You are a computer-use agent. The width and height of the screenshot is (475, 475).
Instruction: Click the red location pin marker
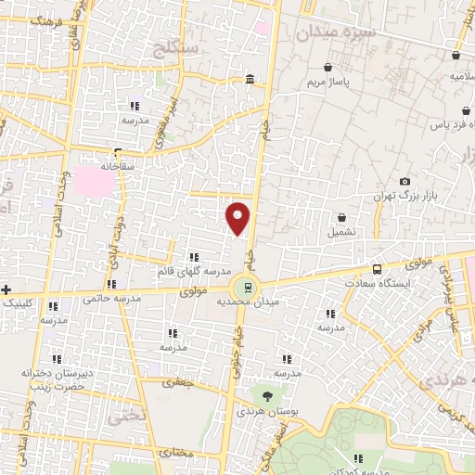[x=238, y=217]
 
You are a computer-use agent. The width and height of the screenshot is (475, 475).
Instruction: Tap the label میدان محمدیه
[x=247, y=303]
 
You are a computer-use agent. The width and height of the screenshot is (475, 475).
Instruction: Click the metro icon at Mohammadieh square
[x=247, y=287]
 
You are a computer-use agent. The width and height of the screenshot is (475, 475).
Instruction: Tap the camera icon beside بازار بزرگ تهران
[x=404, y=182]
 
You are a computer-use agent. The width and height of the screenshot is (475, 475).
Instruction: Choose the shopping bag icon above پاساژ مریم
[x=328, y=68]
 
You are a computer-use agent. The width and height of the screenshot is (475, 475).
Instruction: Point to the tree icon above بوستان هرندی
[x=267, y=396]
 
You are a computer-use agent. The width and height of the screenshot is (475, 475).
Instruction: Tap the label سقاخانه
[x=119, y=168]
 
